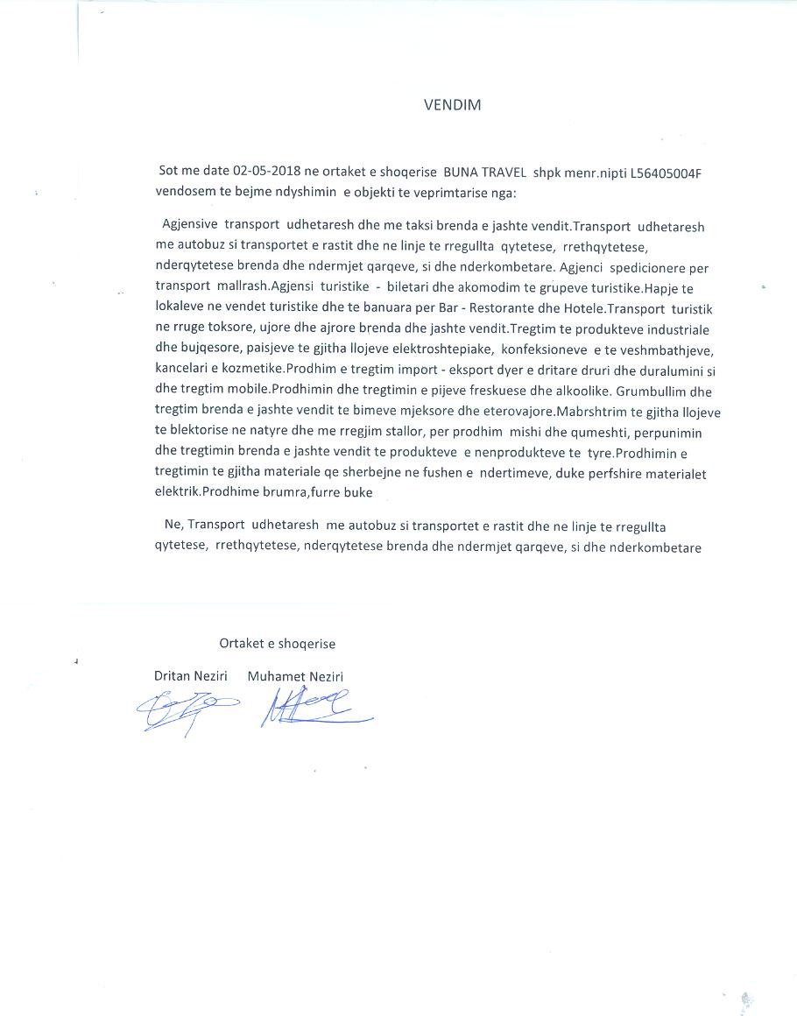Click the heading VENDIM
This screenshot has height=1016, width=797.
(x=452, y=105)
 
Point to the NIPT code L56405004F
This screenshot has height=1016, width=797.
(x=667, y=173)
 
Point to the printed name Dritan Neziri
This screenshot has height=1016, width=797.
(x=191, y=676)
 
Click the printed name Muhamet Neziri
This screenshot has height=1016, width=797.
(x=295, y=676)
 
